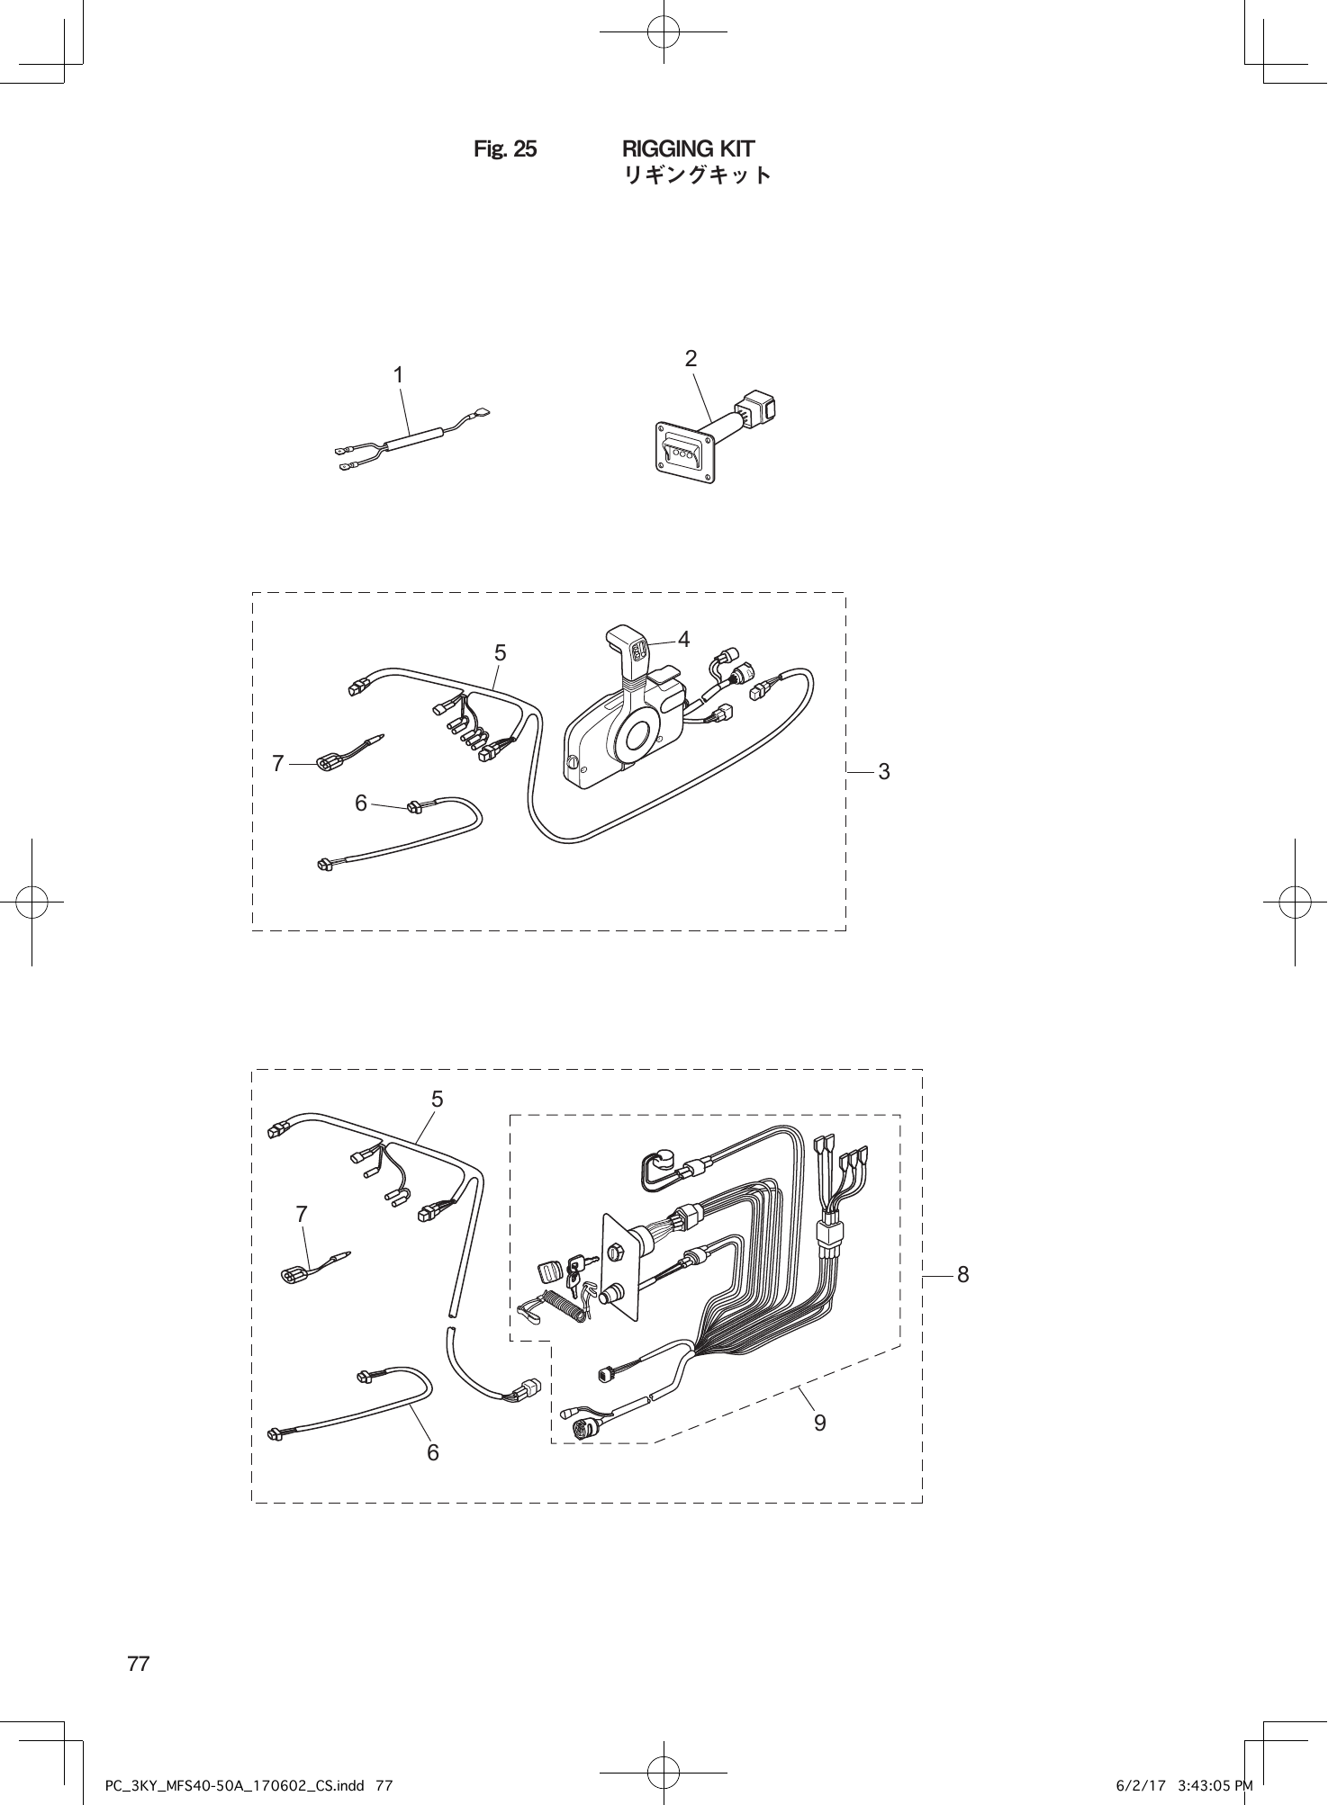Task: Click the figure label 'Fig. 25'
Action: click(x=505, y=149)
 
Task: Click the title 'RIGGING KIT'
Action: click(x=689, y=148)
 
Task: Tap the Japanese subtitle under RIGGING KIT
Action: click(x=698, y=175)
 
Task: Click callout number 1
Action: click(x=397, y=374)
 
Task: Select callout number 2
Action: click(x=691, y=359)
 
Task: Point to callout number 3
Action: click(x=884, y=771)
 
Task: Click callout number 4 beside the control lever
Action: click(x=684, y=640)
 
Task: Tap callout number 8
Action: click(x=962, y=1275)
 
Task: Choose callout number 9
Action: click(x=819, y=1423)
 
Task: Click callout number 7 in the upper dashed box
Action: click(x=278, y=764)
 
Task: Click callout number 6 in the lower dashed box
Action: click(x=433, y=1452)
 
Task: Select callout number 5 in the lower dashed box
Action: click(x=437, y=1099)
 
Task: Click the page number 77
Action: click(x=139, y=1664)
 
